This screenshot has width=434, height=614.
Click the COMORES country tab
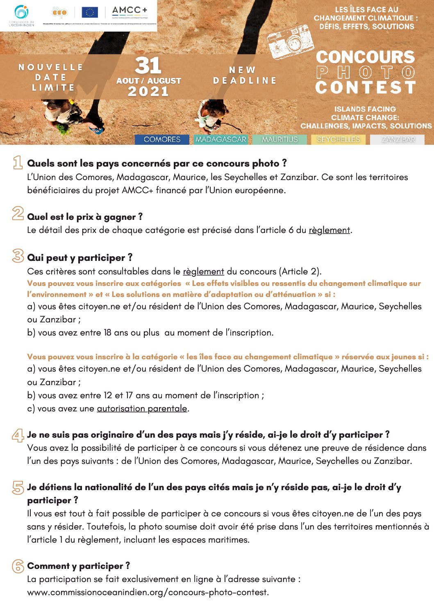pyautogui.click(x=162, y=139)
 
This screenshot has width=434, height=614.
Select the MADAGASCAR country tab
pyautogui.click(x=220, y=139)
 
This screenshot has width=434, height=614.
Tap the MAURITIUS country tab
pyautogui.click(x=279, y=139)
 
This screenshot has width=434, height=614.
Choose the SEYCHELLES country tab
pyautogui.click(x=338, y=139)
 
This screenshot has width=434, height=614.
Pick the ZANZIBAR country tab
pyautogui.click(x=398, y=139)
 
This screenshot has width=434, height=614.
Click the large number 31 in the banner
pyautogui.click(x=148, y=66)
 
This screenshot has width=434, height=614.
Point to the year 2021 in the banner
pyautogui.click(x=148, y=91)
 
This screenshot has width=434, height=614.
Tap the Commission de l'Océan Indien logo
pyautogui.click(x=21, y=16)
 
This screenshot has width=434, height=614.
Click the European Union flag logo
pyautogui.click(x=89, y=13)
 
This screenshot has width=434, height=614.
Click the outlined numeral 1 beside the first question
pyautogui.click(x=18, y=163)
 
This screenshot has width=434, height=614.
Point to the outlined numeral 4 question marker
pyautogui.click(x=18, y=435)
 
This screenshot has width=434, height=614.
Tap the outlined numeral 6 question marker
pyautogui.click(x=18, y=566)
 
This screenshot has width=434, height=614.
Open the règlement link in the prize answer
pyautogui.click(x=329, y=230)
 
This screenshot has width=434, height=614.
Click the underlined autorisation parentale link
pyautogui.click(x=142, y=409)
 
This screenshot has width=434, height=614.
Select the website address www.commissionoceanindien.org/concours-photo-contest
pyautogui.click(x=148, y=592)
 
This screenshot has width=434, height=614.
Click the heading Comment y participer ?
pyautogui.click(x=78, y=566)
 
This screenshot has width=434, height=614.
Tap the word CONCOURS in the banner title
pyautogui.click(x=365, y=57)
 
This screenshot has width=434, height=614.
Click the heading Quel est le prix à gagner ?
pyautogui.click(x=84, y=217)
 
